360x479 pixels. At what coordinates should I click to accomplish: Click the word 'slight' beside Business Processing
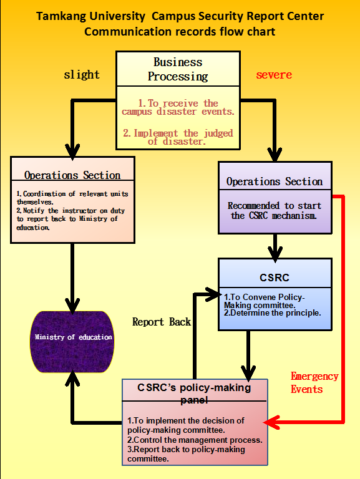point(82,75)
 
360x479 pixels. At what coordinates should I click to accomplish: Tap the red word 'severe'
point(274,75)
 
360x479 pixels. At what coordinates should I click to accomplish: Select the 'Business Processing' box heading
point(178,69)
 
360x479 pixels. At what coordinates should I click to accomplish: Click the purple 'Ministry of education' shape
point(72,342)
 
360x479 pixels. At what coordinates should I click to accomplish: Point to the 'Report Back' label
point(162,322)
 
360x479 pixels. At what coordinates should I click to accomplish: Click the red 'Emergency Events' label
point(314,383)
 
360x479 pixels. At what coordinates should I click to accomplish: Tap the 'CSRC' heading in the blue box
point(275,278)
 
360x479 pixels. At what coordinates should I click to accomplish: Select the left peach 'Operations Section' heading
point(72,175)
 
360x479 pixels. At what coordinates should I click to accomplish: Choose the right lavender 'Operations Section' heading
point(275,181)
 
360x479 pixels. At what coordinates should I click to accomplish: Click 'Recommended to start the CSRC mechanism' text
point(274,210)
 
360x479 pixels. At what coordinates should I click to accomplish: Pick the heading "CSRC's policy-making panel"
point(195,394)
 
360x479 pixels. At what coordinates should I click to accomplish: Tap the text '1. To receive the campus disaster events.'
point(178,107)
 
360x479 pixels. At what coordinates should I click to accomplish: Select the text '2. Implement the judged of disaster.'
point(178,137)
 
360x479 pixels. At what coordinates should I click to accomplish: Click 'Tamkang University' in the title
point(90,16)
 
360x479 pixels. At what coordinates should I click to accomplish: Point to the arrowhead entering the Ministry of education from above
point(72,306)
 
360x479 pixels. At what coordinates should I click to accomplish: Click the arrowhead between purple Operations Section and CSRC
point(275,254)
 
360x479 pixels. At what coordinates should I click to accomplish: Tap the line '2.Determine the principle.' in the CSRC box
point(272,313)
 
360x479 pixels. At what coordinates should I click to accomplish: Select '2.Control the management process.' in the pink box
point(195,440)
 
